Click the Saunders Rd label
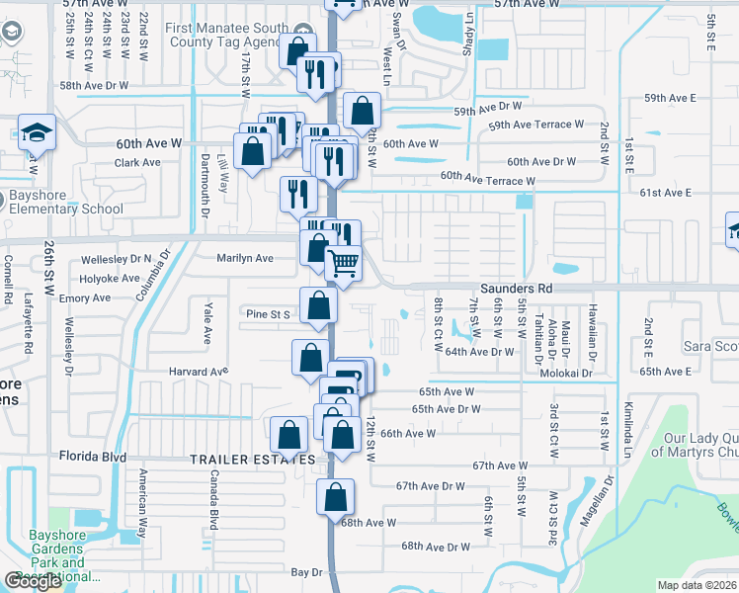(517, 288)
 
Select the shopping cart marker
(343, 265)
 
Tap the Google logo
(33, 581)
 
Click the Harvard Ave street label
(199, 372)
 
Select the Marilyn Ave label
(245, 258)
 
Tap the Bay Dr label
(307, 572)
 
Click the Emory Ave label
(84, 297)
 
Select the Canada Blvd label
(212, 499)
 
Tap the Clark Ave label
(137, 163)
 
